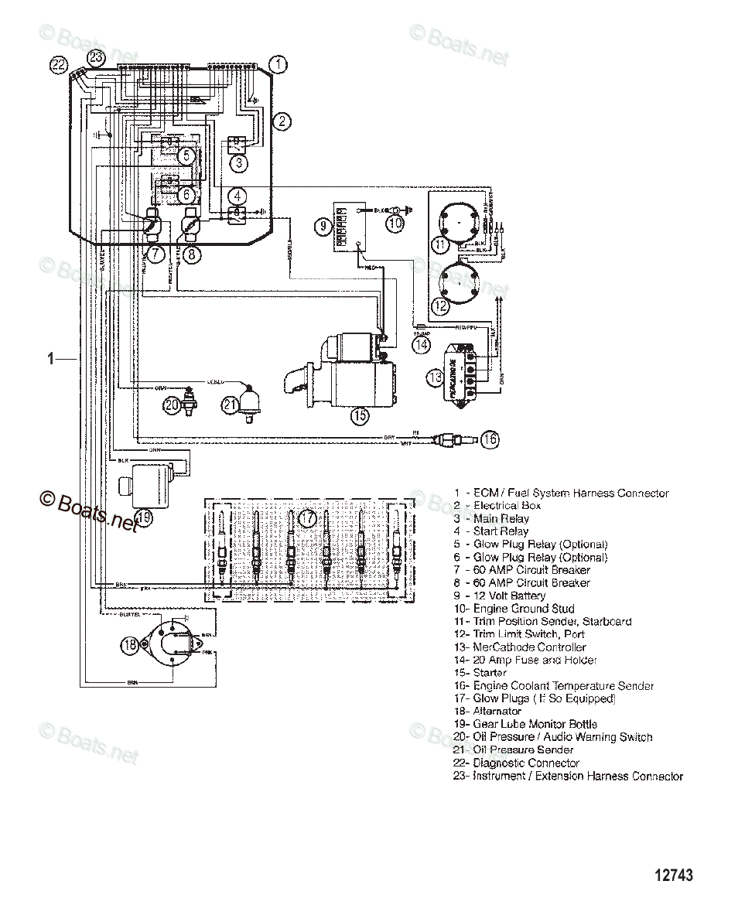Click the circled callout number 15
point(359,415)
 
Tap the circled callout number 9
point(323,226)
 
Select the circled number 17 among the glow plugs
point(308,517)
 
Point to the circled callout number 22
point(59,65)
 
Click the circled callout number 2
point(283,120)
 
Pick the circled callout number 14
point(420,346)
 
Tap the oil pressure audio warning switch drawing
point(190,396)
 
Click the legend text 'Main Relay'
point(501,518)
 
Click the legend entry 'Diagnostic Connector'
point(526,763)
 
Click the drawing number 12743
point(674,876)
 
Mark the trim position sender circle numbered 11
point(462,221)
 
